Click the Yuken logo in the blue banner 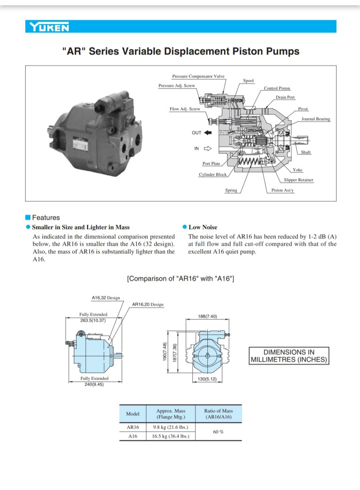tap(49, 27)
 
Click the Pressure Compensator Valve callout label tap(198, 76)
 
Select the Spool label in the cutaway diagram tap(248, 81)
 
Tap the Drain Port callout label tap(285, 97)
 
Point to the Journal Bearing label tap(315, 119)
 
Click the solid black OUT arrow tap(208, 133)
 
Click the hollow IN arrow tap(208, 149)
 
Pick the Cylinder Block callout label tap(212, 175)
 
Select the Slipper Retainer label tap(298, 180)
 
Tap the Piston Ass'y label tap(282, 190)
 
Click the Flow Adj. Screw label tap(185, 109)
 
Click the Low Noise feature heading tap(203, 227)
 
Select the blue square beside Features tap(28, 218)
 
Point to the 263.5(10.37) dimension tap(93, 320)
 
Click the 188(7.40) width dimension tap(207, 316)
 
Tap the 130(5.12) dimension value tap(207, 379)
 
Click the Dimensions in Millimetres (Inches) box tap(289, 356)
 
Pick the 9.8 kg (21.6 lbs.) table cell tap(171, 427)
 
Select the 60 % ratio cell tap(218, 432)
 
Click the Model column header tap(133, 414)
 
